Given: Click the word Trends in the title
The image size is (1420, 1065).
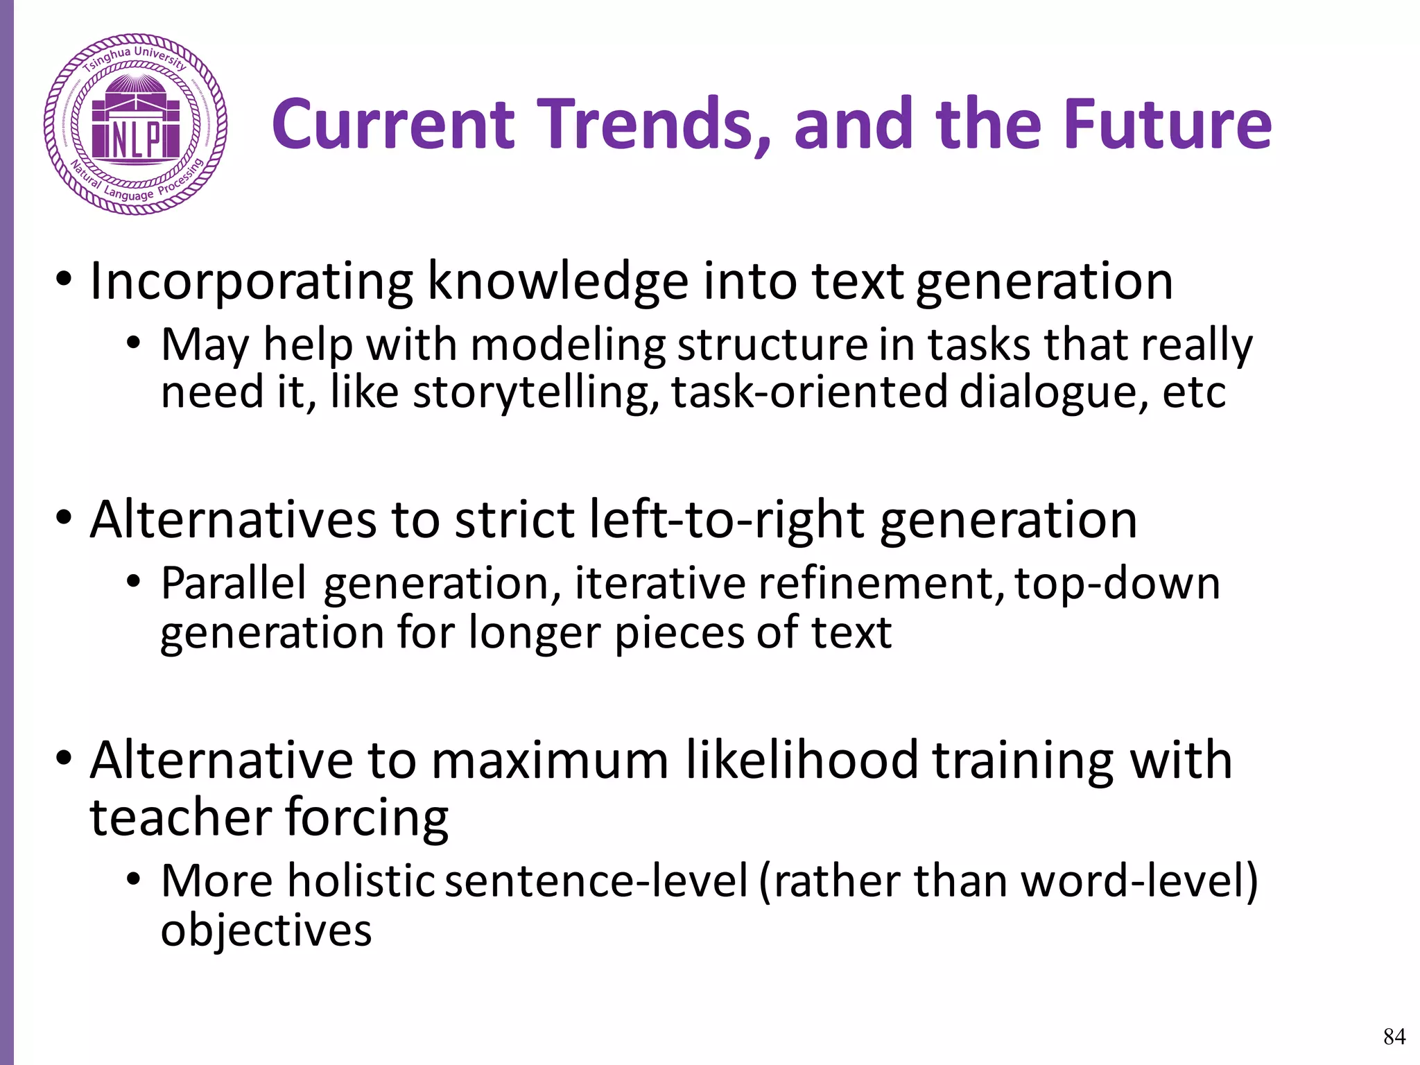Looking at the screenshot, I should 655,125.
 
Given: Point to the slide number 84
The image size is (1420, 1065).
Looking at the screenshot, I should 1394,1036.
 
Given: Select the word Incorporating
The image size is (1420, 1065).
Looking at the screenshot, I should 252,282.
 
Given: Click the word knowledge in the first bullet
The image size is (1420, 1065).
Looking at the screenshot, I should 558,282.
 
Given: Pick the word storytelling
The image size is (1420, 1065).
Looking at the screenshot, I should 536,392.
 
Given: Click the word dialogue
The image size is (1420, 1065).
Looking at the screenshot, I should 1054,392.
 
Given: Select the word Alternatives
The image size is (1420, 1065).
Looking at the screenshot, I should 234,519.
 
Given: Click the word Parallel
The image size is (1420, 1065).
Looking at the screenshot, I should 234,583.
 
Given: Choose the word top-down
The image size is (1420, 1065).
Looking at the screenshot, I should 1117,583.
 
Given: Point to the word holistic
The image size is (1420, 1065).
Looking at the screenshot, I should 361,881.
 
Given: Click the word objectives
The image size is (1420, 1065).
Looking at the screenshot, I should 266,930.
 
